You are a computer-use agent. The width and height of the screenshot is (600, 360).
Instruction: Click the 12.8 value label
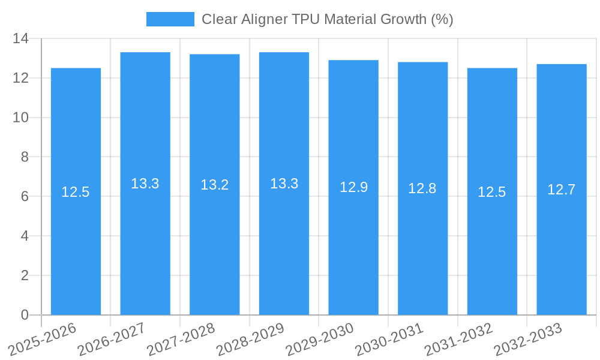(422, 188)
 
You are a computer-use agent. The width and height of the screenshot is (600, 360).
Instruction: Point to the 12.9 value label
(353, 187)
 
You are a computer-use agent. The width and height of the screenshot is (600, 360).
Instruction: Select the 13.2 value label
(215, 185)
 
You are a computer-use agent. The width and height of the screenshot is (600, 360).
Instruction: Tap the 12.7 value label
(562, 190)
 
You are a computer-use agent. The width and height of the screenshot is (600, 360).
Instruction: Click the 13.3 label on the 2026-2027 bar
(145, 184)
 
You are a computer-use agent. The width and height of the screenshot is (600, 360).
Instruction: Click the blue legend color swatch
(170, 19)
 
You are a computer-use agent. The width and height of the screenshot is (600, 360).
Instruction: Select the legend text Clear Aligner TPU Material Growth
(327, 19)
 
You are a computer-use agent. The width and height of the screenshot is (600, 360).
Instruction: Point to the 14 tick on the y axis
(21, 39)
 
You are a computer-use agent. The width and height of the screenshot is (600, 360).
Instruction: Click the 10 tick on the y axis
(21, 118)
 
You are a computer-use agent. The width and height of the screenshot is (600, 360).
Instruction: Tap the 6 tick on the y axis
(25, 196)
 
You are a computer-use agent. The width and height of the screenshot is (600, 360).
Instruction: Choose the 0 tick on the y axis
(25, 315)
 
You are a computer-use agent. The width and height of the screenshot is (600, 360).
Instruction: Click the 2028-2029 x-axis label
(250, 339)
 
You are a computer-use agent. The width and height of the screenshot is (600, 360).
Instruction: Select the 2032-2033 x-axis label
(528, 339)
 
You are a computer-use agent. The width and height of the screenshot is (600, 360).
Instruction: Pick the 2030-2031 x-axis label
(389, 339)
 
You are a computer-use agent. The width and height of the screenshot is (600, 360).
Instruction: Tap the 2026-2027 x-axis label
(112, 339)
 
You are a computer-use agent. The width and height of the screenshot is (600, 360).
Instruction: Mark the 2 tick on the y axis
(25, 275)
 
